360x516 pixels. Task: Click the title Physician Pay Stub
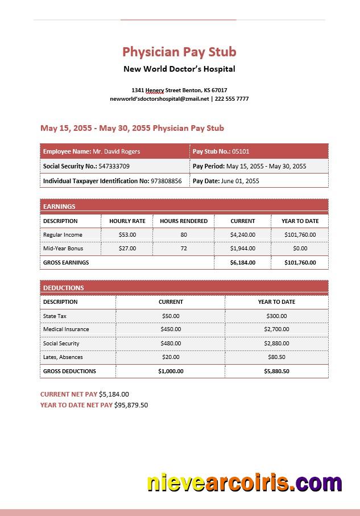point(179,52)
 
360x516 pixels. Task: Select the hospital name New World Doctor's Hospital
point(179,69)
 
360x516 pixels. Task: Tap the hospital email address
point(159,98)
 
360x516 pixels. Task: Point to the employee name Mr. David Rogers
point(116,151)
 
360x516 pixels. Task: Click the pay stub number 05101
point(241,151)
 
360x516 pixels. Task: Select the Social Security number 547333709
point(114,166)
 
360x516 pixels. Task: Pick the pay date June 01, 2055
point(239,181)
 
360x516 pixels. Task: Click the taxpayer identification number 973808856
point(166,181)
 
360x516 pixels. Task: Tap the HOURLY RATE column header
point(127,221)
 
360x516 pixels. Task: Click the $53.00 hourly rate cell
point(127,234)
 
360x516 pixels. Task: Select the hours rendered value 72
point(184,249)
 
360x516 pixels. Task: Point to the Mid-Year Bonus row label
point(63,249)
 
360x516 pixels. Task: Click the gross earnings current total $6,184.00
point(243,263)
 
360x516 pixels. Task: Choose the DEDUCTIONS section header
point(64,288)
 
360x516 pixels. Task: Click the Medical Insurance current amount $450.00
point(171,329)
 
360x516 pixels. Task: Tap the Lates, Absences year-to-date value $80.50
point(276,357)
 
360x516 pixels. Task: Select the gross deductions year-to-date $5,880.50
point(276,371)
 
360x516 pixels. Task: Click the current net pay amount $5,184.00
point(114,394)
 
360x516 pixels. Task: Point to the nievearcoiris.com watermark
point(245,483)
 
